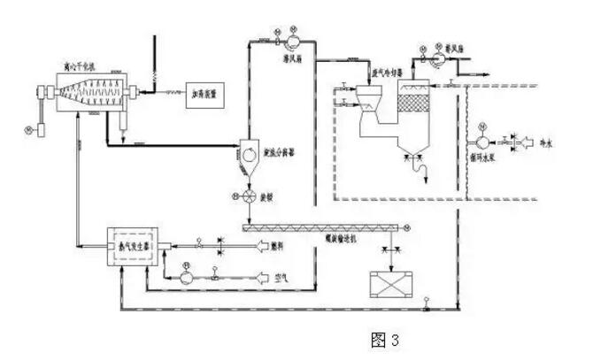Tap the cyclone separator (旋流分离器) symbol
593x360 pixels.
254,151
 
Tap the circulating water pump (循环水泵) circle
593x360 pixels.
483,141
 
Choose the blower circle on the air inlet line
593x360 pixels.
187,277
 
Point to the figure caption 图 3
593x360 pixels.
384,339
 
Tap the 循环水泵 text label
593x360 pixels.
485,160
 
